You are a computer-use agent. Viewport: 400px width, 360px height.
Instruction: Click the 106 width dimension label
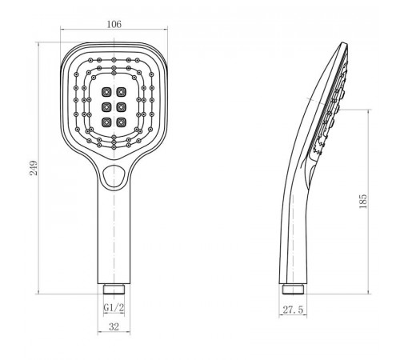click(114, 24)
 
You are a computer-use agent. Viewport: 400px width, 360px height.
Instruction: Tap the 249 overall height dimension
click(34, 168)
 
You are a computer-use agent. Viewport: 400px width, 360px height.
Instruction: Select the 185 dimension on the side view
click(363, 202)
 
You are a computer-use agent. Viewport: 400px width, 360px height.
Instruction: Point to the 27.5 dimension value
click(293, 310)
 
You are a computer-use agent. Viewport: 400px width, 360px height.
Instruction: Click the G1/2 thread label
click(114, 308)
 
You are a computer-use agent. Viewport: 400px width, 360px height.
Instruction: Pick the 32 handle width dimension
click(114, 326)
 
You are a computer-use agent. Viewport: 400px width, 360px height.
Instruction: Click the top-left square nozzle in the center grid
click(106, 92)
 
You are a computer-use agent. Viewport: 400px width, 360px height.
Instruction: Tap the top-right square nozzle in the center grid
click(122, 92)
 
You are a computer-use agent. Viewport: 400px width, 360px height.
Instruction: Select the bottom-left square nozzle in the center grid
click(106, 122)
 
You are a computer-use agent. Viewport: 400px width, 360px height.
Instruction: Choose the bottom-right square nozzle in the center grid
click(122, 122)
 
